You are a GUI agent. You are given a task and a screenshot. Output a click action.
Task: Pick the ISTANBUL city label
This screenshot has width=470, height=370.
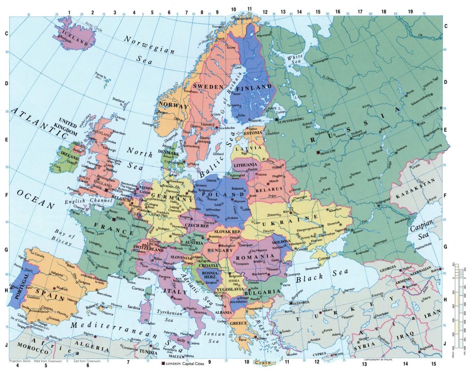pos(303,303)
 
